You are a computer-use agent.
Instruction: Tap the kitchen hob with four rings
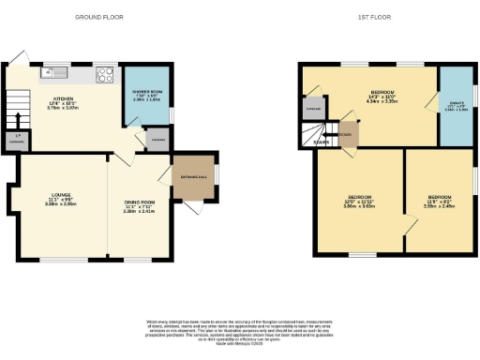point(105,74)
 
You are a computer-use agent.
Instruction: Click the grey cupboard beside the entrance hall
point(157,140)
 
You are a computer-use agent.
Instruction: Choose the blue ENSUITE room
point(456,105)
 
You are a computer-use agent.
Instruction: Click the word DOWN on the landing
point(347,134)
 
